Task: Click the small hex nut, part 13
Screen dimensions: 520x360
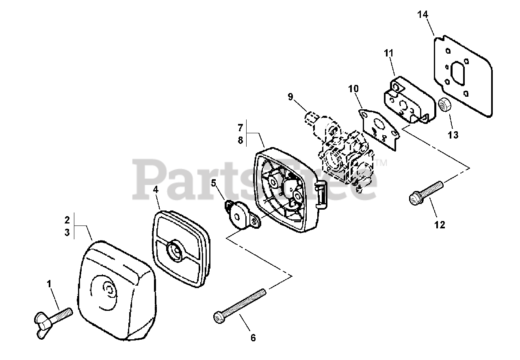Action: pos(444,106)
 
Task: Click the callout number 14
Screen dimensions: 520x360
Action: pos(422,15)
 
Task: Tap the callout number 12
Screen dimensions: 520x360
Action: pos(440,225)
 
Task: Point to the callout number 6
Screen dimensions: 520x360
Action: pos(253,337)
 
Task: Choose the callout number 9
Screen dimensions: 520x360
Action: pos(290,97)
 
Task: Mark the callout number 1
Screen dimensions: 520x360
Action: pos(50,284)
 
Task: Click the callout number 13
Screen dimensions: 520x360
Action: pos(453,134)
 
